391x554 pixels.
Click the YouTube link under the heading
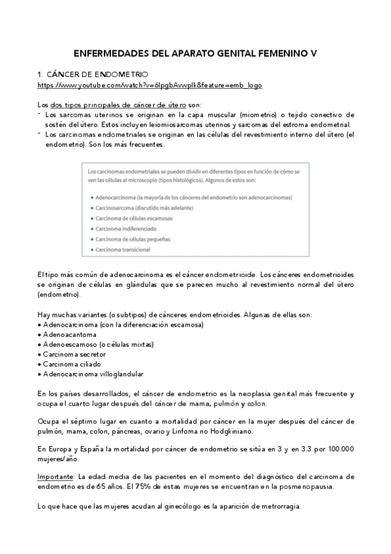pos(150,86)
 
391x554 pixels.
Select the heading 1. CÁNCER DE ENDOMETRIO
pos(93,75)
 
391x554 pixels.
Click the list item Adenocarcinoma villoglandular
pos(93,374)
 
